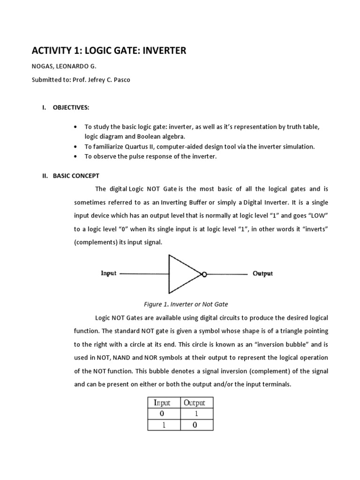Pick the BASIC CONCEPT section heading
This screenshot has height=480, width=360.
tap(76, 176)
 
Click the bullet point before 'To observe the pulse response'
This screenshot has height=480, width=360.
tap(76, 157)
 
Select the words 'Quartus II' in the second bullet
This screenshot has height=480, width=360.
tap(144, 147)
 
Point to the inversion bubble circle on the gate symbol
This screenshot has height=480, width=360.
tap(204, 274)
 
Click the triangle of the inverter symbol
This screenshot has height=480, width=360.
tap(183, 274)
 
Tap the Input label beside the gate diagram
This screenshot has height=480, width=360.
tap(108, 274)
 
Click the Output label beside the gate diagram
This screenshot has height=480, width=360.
tap(262, 274)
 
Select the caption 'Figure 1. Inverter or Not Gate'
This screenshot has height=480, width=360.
tap(186, 304)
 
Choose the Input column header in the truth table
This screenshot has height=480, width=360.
tap(160, 403)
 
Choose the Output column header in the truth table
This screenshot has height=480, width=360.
tap(194, 403)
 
